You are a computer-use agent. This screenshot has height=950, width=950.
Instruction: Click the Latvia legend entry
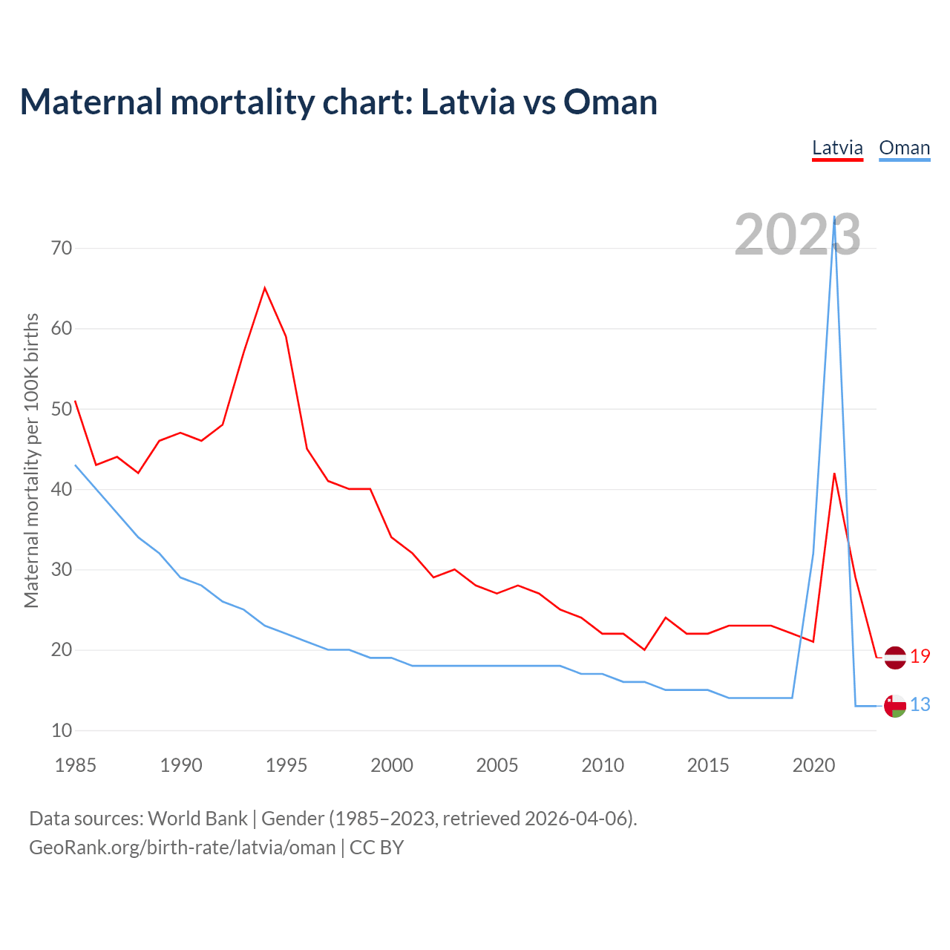click(x=837, y=148)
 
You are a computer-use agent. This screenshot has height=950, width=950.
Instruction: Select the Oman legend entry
click(x=904, y=148)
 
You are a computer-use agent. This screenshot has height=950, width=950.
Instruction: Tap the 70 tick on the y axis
click(x=62, y=248)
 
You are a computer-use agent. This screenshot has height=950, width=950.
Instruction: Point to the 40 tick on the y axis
click(x=62, y=489)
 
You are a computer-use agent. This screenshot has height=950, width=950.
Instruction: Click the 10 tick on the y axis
click(x=62, y=730)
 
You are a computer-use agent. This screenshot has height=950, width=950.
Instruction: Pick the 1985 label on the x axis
click(x=75, y=765)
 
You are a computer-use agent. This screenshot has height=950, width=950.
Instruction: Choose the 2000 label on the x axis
click(x=392, y=765)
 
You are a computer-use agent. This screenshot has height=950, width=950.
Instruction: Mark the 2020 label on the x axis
click(x=813, y=765)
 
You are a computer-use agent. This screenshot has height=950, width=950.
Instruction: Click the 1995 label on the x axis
click(x=286, y=765)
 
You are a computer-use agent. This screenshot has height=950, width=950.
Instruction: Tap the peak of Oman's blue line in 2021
click(x=834, y=217)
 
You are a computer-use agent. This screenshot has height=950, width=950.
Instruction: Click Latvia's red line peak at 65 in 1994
click(x=265, y=288)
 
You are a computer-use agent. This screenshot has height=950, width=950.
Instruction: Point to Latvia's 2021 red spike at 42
click(x=834, y=474)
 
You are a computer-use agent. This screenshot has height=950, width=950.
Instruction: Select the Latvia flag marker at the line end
click(x=895, y=658)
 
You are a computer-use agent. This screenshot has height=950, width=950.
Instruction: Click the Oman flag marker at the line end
click(x=895, y=706)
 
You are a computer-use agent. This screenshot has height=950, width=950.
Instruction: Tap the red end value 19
click(x=920, y=657)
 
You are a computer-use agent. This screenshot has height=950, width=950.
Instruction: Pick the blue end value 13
click(x=920, y=705)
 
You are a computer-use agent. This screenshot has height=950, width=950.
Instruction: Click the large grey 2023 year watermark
click(x=797, y=235)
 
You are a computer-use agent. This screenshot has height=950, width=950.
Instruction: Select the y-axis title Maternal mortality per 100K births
click(x=31, y=460)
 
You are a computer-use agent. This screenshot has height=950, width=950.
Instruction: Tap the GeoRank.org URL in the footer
click(x=182, y=848)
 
